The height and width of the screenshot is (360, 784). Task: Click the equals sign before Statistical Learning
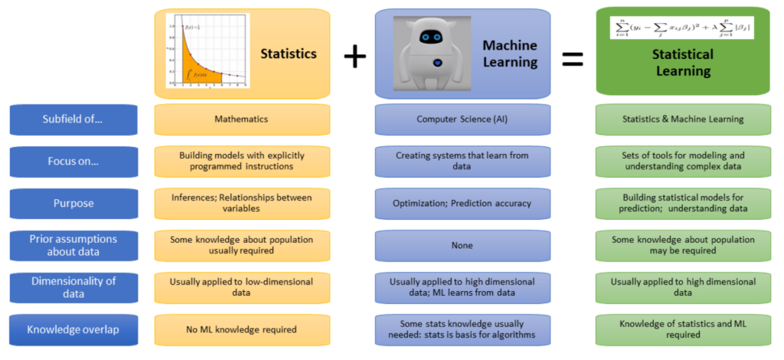573,58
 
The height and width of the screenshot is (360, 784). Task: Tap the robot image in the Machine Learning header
433,53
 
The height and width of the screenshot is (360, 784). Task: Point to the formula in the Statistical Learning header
682,28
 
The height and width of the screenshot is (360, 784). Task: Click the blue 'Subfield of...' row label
73,119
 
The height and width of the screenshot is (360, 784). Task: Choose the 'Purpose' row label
73,204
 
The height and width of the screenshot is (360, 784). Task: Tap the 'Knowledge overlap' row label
73,330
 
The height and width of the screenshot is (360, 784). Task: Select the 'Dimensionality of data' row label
73,287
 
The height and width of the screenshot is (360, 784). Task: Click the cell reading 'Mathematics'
242,119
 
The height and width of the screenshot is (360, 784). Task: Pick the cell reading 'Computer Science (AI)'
462,119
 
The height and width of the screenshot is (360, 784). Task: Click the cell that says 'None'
462,246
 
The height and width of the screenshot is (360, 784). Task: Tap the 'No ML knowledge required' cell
242,330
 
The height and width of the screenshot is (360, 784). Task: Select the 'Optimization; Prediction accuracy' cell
462,204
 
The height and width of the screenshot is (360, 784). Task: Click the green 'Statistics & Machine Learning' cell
683,119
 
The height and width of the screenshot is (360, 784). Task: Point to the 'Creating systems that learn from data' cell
462,161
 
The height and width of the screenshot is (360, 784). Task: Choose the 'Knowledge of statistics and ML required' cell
683,329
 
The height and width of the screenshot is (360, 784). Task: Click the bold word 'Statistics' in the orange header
288,54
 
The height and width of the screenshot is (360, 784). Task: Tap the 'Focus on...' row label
73,162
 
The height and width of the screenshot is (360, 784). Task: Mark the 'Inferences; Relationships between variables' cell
242,203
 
